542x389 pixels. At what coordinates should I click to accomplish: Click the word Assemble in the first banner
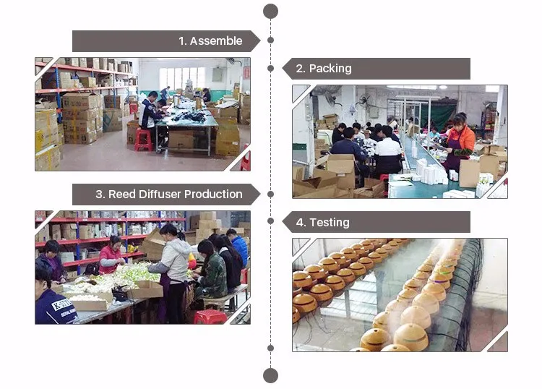[215, 41]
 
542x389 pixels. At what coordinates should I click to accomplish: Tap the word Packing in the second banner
[330, 69]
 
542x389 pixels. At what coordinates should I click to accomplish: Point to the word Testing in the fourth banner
[329, 223]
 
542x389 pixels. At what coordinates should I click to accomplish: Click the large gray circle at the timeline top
[270, 11]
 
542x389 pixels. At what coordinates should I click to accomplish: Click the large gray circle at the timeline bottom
[270, 375]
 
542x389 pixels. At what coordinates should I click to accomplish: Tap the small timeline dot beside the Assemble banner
[270, 40]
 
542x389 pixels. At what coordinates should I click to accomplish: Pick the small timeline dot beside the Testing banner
[270, 222]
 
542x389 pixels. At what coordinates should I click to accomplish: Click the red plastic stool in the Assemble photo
[143, 140]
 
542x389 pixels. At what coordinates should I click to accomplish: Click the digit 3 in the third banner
[99, 194]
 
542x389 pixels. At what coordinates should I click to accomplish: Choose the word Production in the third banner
[213, 194]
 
